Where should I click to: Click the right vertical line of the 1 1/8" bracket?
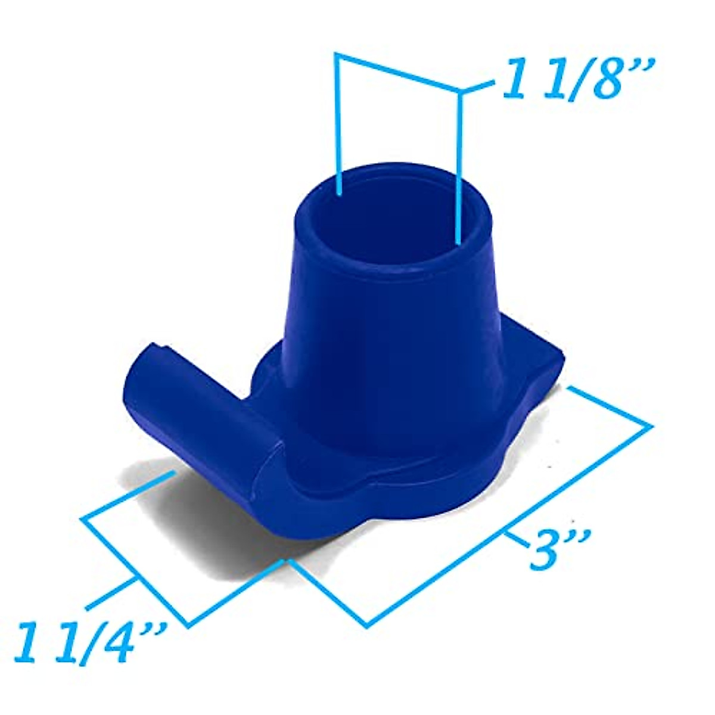(460, 167)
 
